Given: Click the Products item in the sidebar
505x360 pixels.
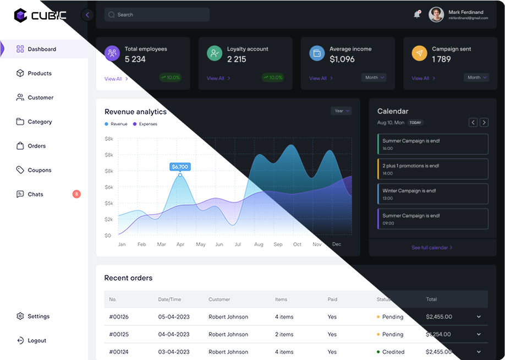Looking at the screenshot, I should click(39, 73).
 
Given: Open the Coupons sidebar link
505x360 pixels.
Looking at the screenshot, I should click(39, 170).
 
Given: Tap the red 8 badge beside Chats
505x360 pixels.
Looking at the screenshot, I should click(76, 194).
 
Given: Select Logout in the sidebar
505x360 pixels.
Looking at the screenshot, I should click(36, 341).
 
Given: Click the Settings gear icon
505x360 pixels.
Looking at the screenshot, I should click(20, 317).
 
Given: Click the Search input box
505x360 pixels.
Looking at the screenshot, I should click(157, 15).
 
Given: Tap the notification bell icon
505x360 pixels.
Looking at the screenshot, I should click(417, 15).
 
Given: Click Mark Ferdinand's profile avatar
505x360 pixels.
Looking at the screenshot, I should click(436, 15).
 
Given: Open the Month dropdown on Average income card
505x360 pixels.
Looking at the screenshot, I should click(374, 78).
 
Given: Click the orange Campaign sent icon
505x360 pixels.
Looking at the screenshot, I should click(419, 53).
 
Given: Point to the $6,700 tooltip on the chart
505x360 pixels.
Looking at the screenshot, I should click(180, 167).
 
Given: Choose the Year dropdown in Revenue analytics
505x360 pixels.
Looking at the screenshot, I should click(341, 111).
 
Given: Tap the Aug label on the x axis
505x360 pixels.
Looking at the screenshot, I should click(259, 244).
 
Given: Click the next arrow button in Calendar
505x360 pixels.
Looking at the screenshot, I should click(484, 122).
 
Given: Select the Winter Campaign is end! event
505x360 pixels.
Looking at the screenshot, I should click(433, 194).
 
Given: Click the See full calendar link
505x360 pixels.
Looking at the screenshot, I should click(432, 248).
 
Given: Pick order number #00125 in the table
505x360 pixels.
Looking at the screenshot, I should click(119, 334).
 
